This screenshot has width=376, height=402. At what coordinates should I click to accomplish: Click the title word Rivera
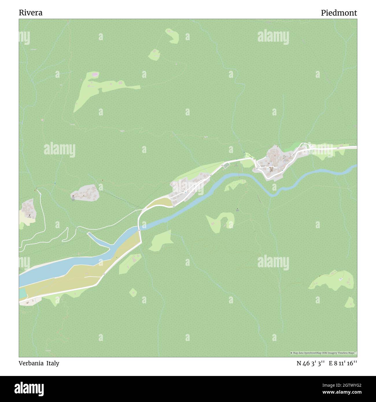pyautogui.click(x=31, y=13)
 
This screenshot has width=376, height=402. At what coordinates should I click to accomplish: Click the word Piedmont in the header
pyautogui.click(x=339, y=13)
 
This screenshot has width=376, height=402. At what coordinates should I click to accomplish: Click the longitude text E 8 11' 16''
pyautogui.click(x=343, y=363)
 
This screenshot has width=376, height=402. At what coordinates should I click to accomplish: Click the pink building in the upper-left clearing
pyautogui.click(x=95, y=75)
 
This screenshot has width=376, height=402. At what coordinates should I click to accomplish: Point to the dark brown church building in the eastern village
pyautogui.click(x=272, y=170)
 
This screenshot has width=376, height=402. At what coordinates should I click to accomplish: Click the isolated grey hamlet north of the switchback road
pyautogui.click(x=85, y=194)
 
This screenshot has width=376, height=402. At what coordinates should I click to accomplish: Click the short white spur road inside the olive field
pyautogui.click(x=93, y=277)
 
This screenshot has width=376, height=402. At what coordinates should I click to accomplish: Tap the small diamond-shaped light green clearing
pyautogui.click(x=133, y=292)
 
